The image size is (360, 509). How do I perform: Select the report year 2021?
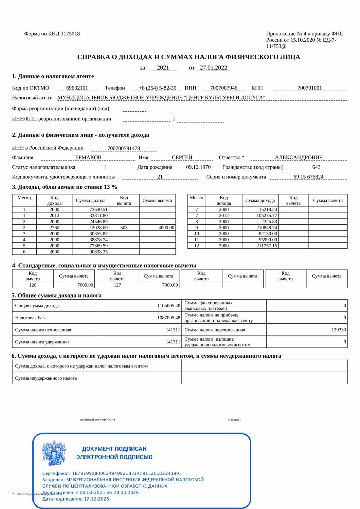(163, 68)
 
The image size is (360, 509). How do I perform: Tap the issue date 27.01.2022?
(213, 68)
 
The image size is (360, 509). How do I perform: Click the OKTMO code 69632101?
(77, 88)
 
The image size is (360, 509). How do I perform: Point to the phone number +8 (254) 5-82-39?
(158, 88)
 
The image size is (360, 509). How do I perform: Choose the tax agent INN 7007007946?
(224, 88)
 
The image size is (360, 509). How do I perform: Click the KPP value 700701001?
(309, 88)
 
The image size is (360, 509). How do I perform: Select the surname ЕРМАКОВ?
(88, 157)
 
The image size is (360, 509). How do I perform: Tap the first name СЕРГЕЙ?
(182, 157)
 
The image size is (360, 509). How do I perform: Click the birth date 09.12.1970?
(198, 167)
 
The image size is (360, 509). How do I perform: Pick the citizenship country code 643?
(316, 167)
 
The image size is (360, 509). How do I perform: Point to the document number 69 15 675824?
(308, 177)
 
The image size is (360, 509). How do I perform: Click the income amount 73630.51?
(98, 210)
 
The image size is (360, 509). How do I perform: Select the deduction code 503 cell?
(124, 228)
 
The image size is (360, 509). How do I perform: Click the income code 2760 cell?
(54, 228)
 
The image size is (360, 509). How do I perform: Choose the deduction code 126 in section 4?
(33, 285)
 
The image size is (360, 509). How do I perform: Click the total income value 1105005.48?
(168, 306)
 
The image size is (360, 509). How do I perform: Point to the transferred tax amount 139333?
(339, 330)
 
